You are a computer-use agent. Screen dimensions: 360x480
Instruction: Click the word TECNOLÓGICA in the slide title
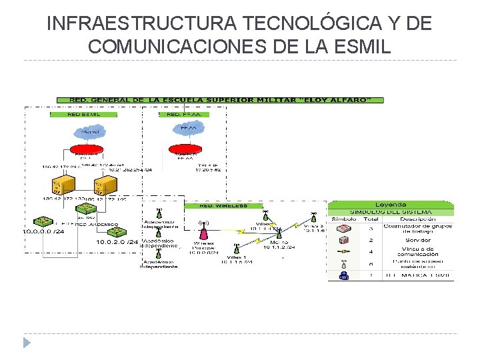(301, 24)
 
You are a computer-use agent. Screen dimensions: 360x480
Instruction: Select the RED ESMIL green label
(84, 114)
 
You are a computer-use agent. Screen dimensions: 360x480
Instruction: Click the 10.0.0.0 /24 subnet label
(44, 232)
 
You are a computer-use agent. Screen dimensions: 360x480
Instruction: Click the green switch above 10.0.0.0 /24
(45, 221)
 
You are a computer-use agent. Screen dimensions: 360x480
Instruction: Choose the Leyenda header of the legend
(391, 204)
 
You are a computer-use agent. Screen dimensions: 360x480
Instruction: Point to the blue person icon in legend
(344, 275)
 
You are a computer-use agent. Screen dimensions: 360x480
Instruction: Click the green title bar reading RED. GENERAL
(220, 100)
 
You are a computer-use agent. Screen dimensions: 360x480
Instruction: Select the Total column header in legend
(371, 219)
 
